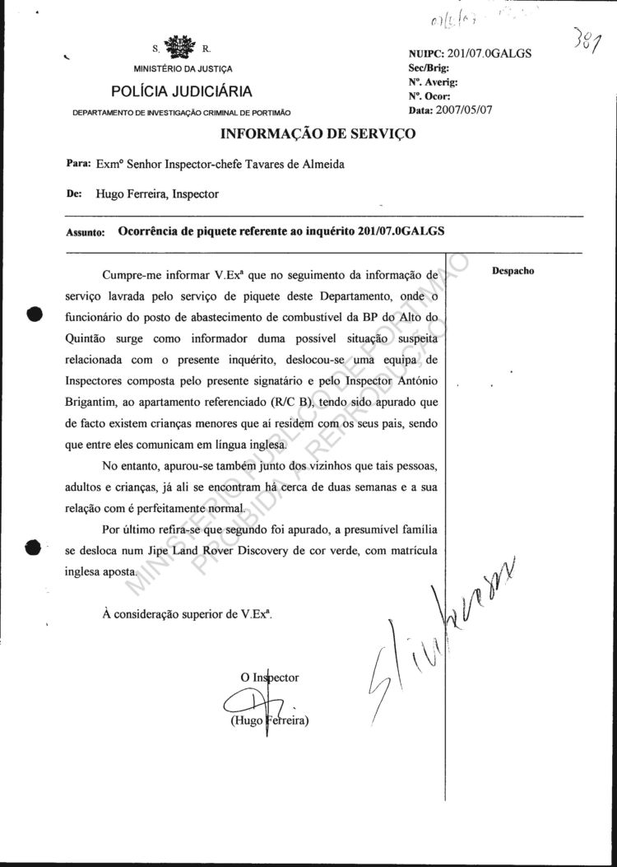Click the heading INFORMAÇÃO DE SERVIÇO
tap(317, 133)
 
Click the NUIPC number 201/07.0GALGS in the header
tap(490, 54)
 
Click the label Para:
tap(77, 163)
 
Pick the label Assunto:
tap(85, 233)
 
